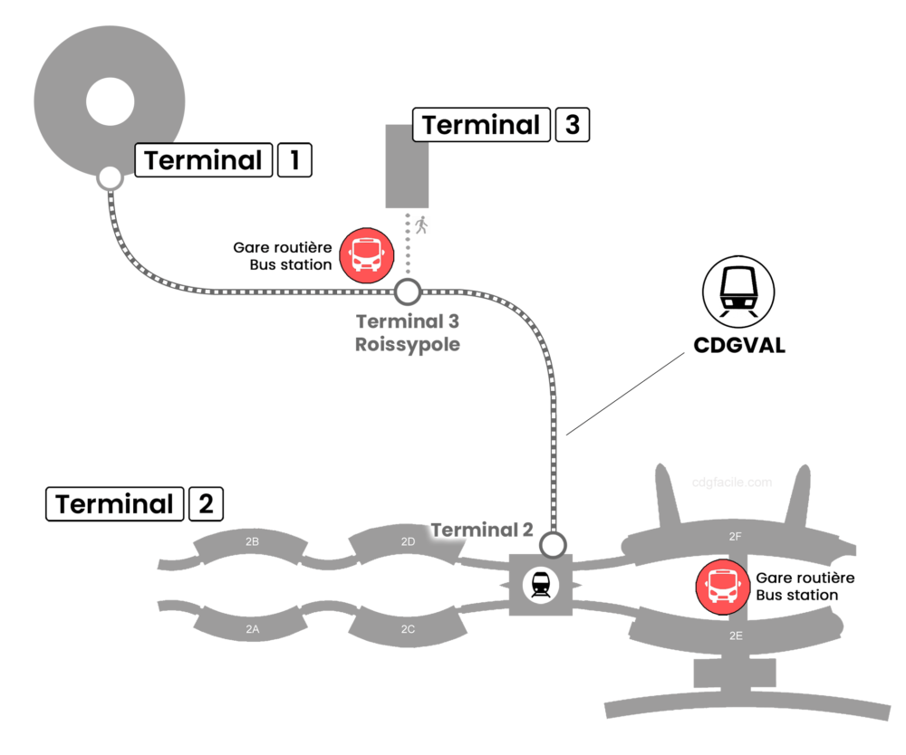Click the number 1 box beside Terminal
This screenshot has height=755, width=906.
click(x=294, y=161)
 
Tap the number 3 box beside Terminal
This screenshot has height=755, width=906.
click(x=572, y=125)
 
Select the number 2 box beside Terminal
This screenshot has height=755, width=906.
click(x=206, y=504)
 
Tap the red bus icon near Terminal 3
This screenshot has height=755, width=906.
click(x=367, y=254)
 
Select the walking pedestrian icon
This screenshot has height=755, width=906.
click(x=420, y=225)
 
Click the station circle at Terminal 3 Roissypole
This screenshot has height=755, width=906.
click(x=408, y=291)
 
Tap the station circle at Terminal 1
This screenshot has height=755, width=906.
click(x=110, y=178)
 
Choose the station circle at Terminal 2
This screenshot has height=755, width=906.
click(x=553, y=545)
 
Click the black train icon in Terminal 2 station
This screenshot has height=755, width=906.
click(x=541, y=585)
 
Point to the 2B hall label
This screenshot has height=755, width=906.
click(x=253, y=541)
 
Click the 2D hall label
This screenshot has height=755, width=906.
click(x=408, y=541)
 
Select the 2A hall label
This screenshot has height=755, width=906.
click(x=253, y=628)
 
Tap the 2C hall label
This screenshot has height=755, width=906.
click(x=408, y=628)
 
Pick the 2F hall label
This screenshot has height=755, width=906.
click(x=736, y=537)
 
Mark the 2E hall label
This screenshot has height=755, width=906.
click(x=736, y=636)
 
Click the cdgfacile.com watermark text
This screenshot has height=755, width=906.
click(x=732, y=483)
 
